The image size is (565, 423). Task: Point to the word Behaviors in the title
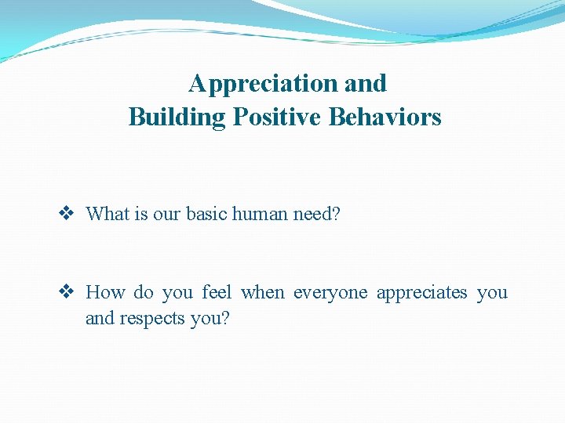coord(385,117)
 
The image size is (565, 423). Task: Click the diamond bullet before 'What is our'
coord(67,214)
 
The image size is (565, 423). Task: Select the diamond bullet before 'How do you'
coord(67,293)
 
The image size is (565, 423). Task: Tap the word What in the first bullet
coord(107,214)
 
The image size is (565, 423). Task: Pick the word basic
coord(208,214)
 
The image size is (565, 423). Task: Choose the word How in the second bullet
coord(105,293)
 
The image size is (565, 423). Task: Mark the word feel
coord(217,293)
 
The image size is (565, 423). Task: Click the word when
coord(263,293)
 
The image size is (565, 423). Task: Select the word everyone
coord(330,293)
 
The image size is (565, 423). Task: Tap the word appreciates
coord(421,293)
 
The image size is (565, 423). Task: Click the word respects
coord(152,318)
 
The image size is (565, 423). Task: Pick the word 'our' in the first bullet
coord(166,214)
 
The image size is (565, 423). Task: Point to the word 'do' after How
coord(144,293)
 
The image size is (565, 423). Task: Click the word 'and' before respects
coord(100,318)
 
